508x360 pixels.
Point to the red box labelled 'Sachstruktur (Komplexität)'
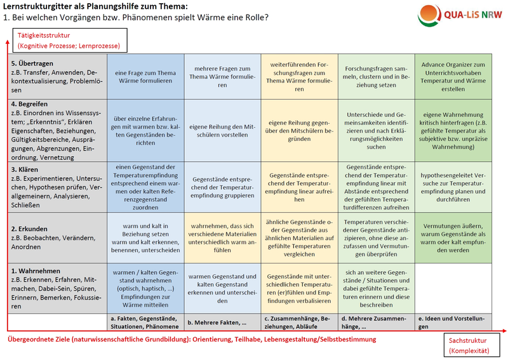(x=472, y=346)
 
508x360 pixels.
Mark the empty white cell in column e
(x=453, y=287)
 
